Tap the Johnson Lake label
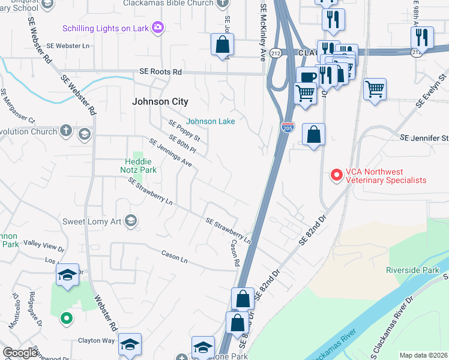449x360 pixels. point(210,121)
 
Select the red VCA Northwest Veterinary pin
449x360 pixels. point(336,175)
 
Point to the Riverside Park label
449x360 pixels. point(412,269)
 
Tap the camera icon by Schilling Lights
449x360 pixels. point(158,27)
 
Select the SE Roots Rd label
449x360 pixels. point(160,71)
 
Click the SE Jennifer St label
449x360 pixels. point(424,139)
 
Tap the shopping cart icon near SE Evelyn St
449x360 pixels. point(375,90)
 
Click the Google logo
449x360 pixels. point(20,353)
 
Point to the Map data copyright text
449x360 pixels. point(423,355)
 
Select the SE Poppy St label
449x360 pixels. point(184,131)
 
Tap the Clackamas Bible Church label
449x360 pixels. point(168,3)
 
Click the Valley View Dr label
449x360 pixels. point(43,245)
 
